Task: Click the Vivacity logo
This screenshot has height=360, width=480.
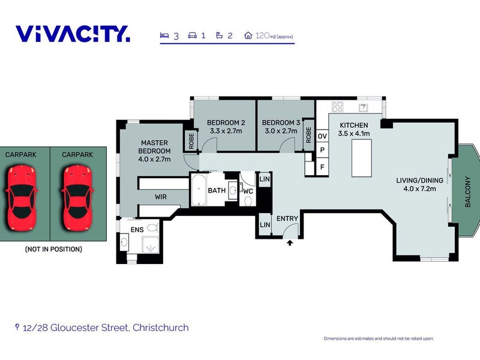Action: coord(73,34)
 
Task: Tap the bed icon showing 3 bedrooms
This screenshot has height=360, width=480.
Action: coord(164,35)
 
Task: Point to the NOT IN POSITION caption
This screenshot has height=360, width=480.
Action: coord(53,249)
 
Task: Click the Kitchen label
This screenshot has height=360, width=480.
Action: coord(354,129)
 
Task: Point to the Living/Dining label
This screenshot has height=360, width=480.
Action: coord(419,184)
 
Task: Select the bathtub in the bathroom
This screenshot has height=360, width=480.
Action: coord(199,190)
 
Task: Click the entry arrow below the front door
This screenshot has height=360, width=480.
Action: coord(290,243)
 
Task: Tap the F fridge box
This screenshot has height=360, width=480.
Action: coord(322,167)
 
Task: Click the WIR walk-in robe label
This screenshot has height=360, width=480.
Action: coord(161,196)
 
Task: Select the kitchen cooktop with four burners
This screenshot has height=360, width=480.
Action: coord(337,107)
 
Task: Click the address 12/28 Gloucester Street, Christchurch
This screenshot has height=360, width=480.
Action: coord(105,328)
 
